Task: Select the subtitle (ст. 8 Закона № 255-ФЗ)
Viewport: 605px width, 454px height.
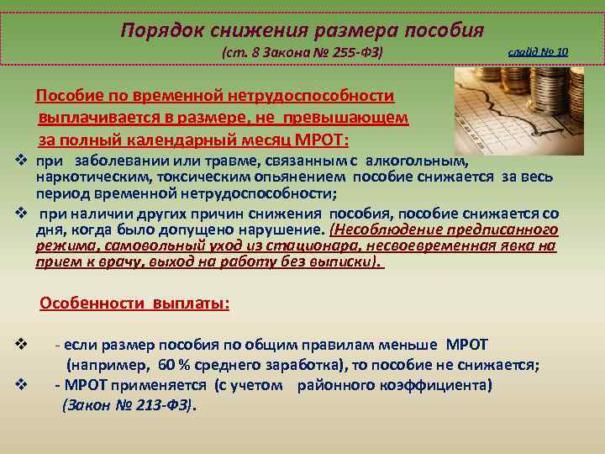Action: coord(302,53)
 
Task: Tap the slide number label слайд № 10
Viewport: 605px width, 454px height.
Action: coord(538,52)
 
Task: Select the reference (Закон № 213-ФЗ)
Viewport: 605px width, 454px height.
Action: coord(128,404)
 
